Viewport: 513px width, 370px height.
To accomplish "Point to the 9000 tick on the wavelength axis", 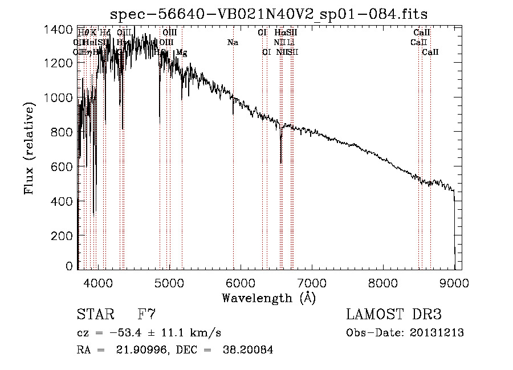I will [454, 282].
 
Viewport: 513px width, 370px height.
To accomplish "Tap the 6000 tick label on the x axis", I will [241, 282].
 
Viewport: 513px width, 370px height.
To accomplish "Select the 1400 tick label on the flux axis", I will [59, 29].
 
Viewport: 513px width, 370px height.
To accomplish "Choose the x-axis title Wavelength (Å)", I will [268, 297].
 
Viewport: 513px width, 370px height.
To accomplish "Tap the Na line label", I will [233, 42].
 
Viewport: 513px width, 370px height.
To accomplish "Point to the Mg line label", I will [181, 52].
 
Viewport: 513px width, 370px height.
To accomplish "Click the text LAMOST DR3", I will [393, 315].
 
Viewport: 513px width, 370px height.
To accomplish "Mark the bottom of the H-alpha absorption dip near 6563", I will [280, 162].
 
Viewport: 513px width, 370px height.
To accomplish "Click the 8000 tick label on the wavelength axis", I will [383, 282].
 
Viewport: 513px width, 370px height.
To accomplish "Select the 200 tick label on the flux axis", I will [63, 235].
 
